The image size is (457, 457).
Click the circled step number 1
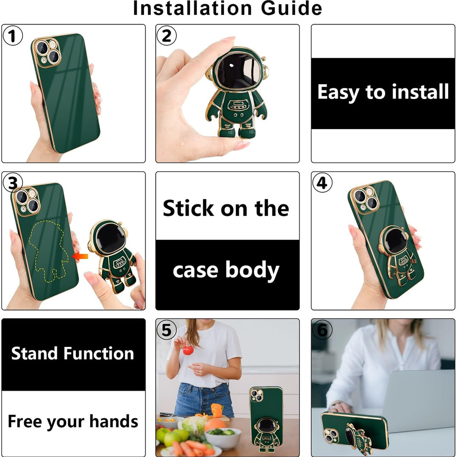13,36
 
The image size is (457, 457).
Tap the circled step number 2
166,36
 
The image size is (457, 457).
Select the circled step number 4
322,183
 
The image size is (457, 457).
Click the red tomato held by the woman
188,350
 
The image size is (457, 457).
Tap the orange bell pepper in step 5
217,410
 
